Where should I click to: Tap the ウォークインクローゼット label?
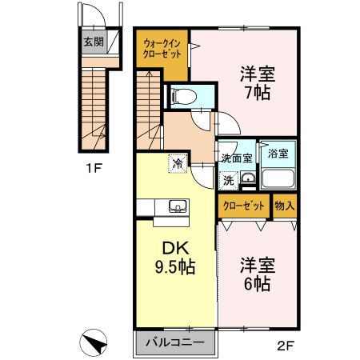pos(162,47)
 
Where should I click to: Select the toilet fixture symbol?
pos(180,95)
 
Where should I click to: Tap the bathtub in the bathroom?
pos(278,177)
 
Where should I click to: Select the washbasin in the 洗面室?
pos(248,178)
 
